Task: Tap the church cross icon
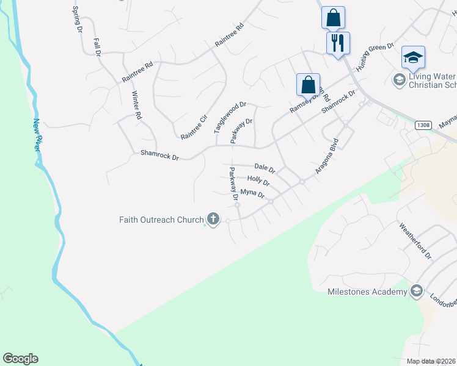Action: pos(213,219)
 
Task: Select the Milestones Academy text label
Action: pos(367,292)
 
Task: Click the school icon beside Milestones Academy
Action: pos(417,291)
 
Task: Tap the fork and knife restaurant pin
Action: pos(337,43)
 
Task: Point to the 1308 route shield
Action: pos(422,125)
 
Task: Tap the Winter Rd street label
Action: pos(137,105)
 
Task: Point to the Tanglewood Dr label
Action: pos(229,118)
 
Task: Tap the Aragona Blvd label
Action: pos(327,157)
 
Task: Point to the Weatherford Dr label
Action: pos(415,240)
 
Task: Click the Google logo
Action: pos(20,359)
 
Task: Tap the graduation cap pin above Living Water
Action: pos(413,57)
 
